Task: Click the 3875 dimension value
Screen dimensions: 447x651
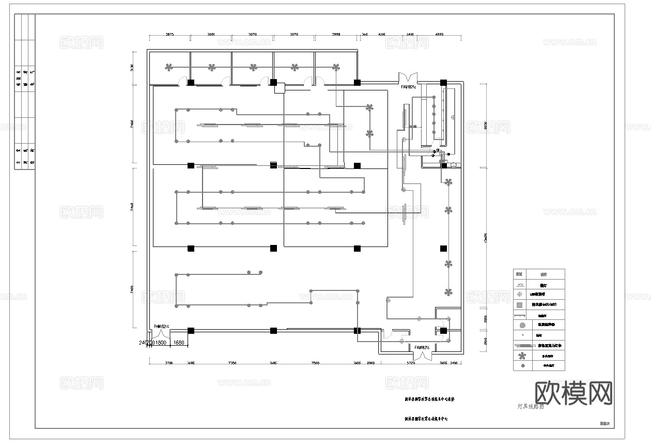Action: click(169, 34)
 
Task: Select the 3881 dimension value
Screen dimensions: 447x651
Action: click(211, 34)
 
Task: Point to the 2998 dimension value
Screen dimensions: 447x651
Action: click(336, 34)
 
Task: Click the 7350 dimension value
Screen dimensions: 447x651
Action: click(232, 363)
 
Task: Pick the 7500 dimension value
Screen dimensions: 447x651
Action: click(315, 363)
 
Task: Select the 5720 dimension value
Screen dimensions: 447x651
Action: click(411, 363)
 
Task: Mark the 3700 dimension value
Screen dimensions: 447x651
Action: click(168, 363)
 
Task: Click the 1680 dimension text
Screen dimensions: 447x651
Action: click(179, 343)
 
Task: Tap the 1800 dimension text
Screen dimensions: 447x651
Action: click(161, 343)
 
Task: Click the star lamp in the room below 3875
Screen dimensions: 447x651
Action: click(168, 67)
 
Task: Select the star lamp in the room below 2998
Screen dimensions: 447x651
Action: click(336, 67)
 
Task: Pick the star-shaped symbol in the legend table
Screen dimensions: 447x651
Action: click(522, 356)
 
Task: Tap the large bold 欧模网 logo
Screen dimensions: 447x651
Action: click(574, 394)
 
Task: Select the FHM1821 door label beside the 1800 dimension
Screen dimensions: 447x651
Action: click(162, 327)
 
